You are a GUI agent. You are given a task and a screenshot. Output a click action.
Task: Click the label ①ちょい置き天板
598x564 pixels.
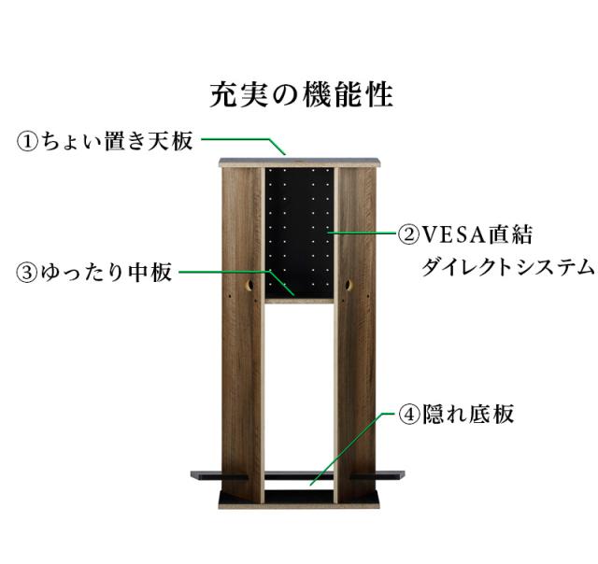tap(105, 141)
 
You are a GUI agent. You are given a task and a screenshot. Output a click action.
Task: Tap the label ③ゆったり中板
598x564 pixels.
tap(94, 273)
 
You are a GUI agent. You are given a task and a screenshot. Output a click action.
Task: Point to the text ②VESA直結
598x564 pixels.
tap(466, 233)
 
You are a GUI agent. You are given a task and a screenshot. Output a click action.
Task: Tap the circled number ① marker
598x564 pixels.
tap(27, 142)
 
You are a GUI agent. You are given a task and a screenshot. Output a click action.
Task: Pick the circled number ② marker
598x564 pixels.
tap(408, 233)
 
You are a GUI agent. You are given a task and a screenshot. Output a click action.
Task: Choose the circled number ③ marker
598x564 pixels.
tap(27, 274)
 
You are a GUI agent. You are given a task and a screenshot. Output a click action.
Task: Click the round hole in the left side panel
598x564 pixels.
tap(250, 285)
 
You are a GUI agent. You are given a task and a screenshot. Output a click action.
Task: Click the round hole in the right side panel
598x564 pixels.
tap(349, 284)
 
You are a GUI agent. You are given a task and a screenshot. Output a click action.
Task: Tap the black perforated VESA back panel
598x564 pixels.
tap(298, 224)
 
